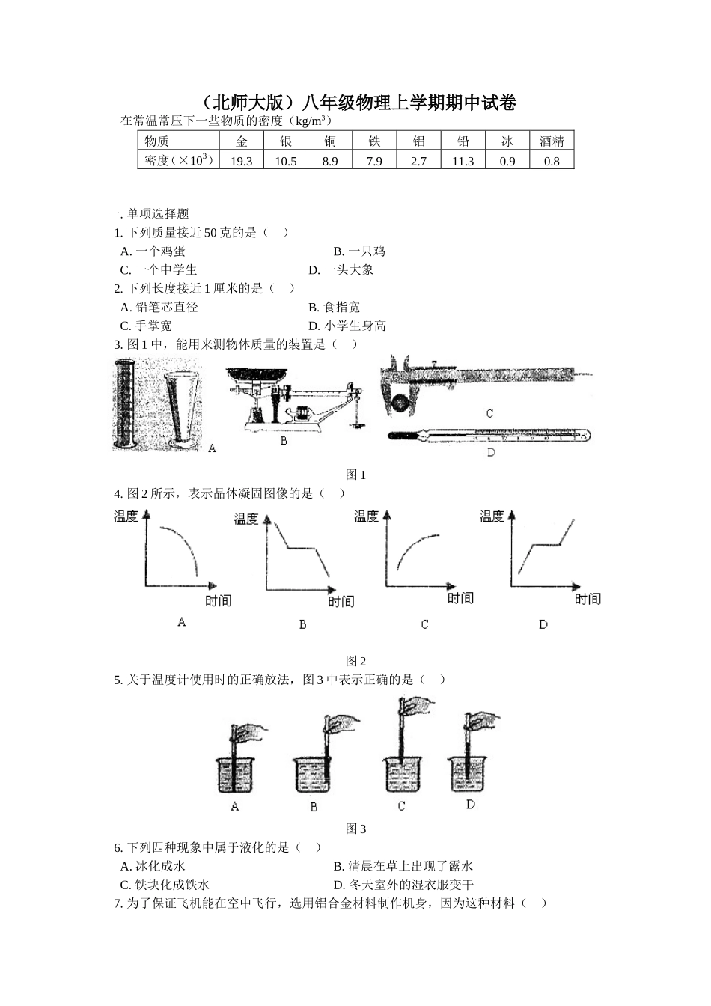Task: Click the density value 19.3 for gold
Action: [242, 161]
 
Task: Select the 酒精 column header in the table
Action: [552, 141]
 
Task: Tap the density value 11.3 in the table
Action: [463, 161]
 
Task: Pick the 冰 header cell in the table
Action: [507, 141]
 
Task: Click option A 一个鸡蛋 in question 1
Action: [153, 251]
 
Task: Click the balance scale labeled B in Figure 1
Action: [296, 400]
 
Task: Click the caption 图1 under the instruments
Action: [355, 475]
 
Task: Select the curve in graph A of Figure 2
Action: [180, 546]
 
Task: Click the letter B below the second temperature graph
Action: [302, 624]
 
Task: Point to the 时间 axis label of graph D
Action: [588, 599]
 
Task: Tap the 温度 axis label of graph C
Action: [367, 516]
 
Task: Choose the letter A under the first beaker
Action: [235, 807]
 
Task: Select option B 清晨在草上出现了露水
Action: [403, 867]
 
